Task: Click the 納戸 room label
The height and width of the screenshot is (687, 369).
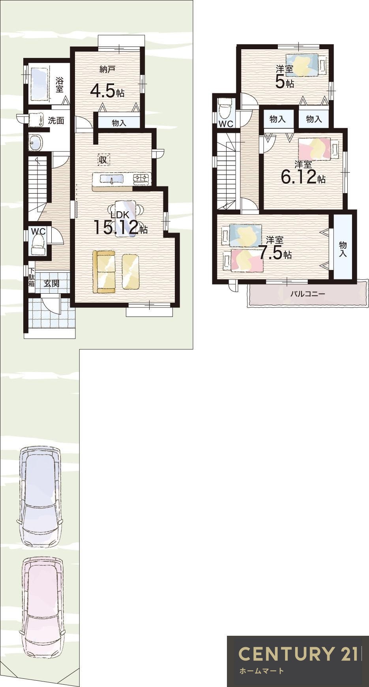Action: pos(107,70)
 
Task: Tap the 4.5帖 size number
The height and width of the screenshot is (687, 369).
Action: pos(107,91)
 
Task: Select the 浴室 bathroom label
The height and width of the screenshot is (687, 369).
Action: pos(60,85)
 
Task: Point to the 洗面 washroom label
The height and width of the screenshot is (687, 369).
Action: pos(56,121)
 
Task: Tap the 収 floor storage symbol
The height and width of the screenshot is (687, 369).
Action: pos(103,160)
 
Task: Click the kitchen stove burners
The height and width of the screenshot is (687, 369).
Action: pos(142,179)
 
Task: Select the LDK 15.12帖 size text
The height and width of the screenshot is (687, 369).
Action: pos(120,223)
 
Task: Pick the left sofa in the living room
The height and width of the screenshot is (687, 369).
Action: pos(104,272)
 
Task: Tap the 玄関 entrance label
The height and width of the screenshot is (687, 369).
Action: pos(51,283)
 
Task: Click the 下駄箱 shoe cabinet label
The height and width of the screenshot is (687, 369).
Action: pos(31,277)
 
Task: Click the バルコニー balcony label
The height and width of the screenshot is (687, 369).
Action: pos(307,294)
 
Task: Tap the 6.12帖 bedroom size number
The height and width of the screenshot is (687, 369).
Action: pos(303,177)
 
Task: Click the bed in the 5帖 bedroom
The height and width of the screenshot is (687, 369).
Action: pos(306,65)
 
